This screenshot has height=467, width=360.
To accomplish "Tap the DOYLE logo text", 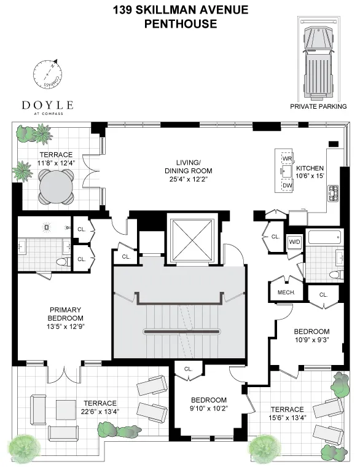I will [47, 104].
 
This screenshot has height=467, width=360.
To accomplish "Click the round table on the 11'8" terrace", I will [57, 182].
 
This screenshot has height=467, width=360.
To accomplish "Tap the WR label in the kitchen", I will [287, 158].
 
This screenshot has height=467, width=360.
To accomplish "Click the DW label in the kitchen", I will [287, 185].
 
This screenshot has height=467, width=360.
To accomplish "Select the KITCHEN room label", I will [310, 168].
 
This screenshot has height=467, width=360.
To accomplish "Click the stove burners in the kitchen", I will [334, 194].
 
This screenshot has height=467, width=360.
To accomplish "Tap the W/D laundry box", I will [294, 241].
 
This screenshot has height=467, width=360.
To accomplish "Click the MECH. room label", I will [287, 292].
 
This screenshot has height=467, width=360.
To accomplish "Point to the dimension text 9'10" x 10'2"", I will [209, 407].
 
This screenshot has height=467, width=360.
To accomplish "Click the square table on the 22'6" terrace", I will [66, 409].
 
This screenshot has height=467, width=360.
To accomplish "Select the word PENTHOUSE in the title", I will [180, 24].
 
